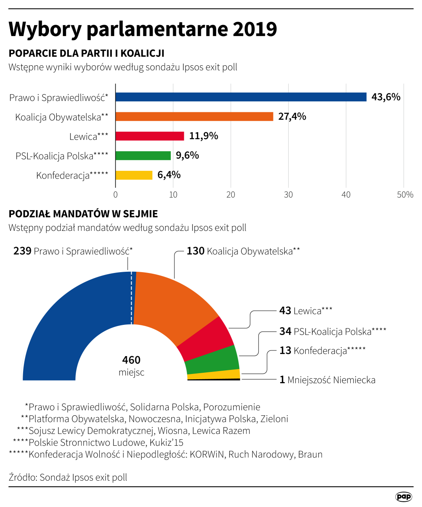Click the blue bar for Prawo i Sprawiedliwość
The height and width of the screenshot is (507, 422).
point(241,97)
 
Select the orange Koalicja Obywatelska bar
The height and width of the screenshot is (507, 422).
point(194,116)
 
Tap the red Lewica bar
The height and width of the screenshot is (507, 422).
point(149,136)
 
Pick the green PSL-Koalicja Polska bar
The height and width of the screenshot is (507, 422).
point(143,155)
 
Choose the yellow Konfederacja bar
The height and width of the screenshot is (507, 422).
point(134,175)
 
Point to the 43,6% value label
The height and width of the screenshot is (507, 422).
point(386,97)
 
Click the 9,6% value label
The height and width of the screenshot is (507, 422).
point(187,155)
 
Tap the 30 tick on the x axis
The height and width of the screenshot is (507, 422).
point(288,195)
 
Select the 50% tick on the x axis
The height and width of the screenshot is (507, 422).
point(405,195)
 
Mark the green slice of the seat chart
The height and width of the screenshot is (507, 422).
point(212,360)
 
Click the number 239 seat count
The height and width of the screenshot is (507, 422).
point(22,251)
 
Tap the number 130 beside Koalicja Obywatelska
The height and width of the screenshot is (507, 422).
point(195,251)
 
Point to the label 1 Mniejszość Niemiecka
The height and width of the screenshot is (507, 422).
point(327,380)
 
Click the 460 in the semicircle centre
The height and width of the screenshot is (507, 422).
point(131,360)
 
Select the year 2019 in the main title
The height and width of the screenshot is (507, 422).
point(254,29)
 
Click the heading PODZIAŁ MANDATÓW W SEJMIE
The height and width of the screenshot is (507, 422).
point(83,214)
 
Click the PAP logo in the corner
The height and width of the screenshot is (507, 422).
point(403,496)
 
